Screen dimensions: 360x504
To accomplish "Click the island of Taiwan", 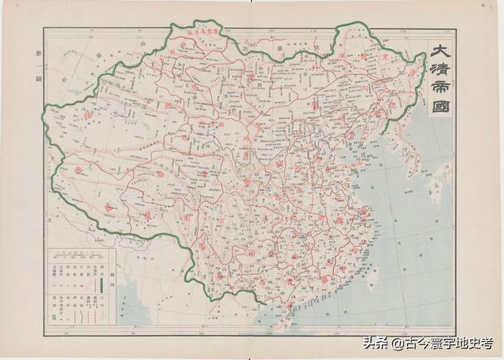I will [x=374, y=277].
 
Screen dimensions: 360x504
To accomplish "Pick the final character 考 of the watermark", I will [x=487, y=343].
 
